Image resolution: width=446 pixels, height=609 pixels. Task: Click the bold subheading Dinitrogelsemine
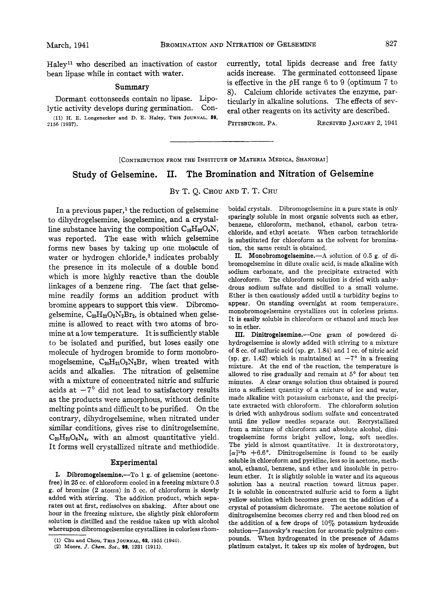pyautogui.click(x=276, y=335)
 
